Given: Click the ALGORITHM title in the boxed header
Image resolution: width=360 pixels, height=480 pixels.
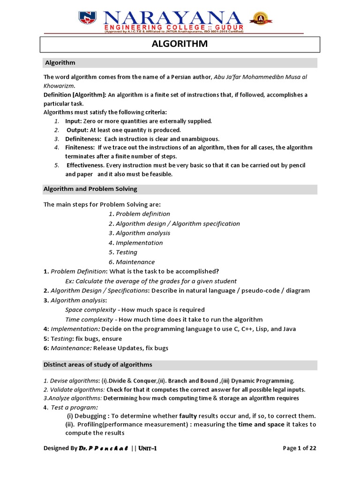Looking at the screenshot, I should tap(180, 45).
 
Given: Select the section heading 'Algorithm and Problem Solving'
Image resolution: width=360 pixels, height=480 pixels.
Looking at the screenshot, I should tap(90, 189).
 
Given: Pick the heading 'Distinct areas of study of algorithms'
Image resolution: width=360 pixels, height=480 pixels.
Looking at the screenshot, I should tap(98, 365).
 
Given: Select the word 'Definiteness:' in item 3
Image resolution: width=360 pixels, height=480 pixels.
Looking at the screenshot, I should tap(83, 139).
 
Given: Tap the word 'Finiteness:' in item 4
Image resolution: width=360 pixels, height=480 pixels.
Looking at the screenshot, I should tap(80, 148).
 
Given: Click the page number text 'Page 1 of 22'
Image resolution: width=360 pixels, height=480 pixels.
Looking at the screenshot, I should tap(300, 448).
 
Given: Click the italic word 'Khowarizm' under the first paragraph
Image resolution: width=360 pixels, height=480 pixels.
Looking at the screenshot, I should tap(59, 86).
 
